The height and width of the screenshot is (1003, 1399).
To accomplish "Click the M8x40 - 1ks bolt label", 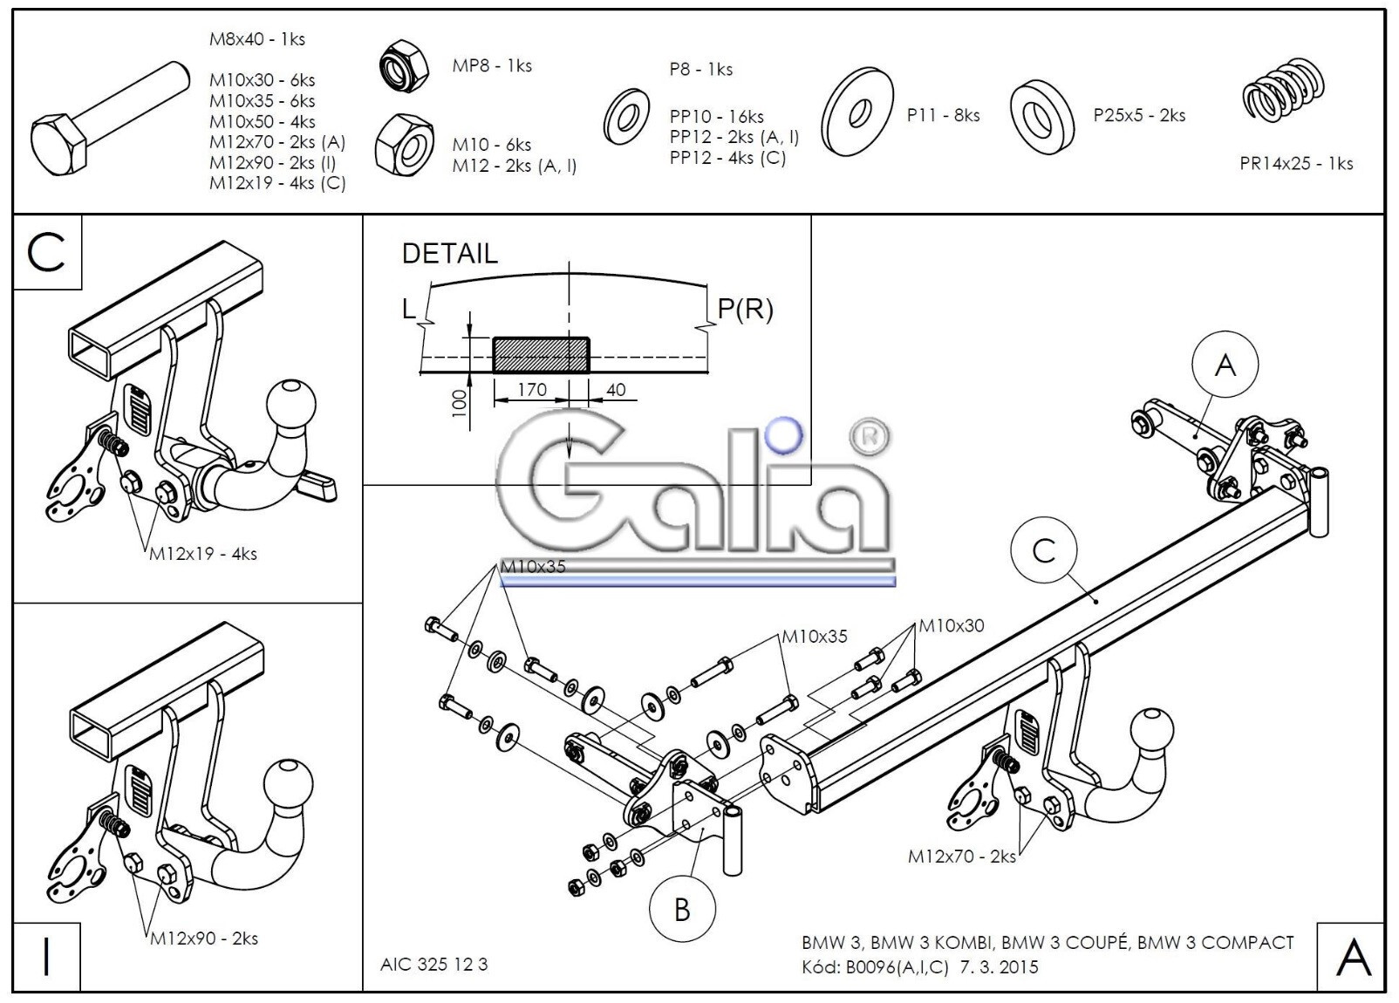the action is tap(257, 39).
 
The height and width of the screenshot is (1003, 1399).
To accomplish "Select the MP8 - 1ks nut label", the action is tap(492, 65).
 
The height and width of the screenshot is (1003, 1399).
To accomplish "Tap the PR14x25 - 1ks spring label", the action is tap(1297, 164).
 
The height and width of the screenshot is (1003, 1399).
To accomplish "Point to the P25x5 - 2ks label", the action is tap(1139, 115).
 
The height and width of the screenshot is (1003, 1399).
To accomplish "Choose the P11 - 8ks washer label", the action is tap(943, 115).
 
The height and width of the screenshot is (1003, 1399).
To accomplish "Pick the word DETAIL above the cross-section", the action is tap(450, 254).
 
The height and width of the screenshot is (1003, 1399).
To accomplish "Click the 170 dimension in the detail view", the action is tap(532, 390).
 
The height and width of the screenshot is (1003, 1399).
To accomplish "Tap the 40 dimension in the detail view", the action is tap(616, 390).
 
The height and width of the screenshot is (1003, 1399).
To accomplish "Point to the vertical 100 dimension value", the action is tap(459, 404).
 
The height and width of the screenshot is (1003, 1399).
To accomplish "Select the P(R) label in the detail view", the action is tap(745, 309).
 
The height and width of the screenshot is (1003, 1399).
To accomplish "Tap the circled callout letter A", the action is tap(1225, 365).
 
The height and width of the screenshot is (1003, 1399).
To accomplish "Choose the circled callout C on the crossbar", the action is tap(1044, 550).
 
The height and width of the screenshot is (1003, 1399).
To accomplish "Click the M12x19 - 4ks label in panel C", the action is tap(203, 554).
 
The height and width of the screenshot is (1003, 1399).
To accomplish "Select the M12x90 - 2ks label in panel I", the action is tap(203, 938).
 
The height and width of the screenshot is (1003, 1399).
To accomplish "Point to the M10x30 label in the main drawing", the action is tap(952, 625).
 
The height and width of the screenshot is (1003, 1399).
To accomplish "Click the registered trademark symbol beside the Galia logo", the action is tap(870, 437).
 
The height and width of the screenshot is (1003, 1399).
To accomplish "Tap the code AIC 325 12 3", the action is tap(434, 965).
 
